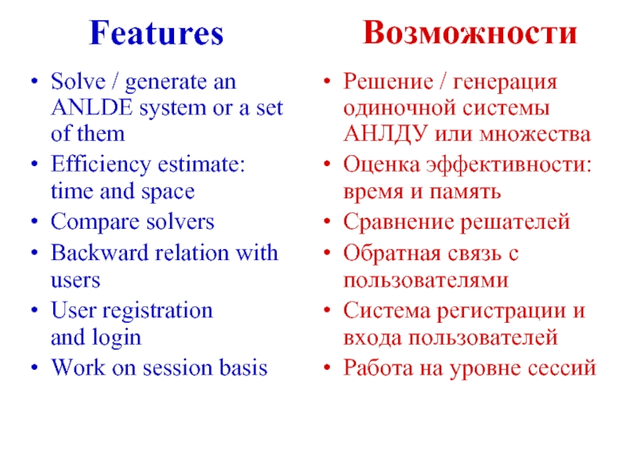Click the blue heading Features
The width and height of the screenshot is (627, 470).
156,33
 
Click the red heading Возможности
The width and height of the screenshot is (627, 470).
470,33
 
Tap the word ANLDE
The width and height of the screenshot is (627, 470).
82,108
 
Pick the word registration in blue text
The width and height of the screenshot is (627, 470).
156,311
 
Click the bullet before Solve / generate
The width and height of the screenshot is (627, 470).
32,82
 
